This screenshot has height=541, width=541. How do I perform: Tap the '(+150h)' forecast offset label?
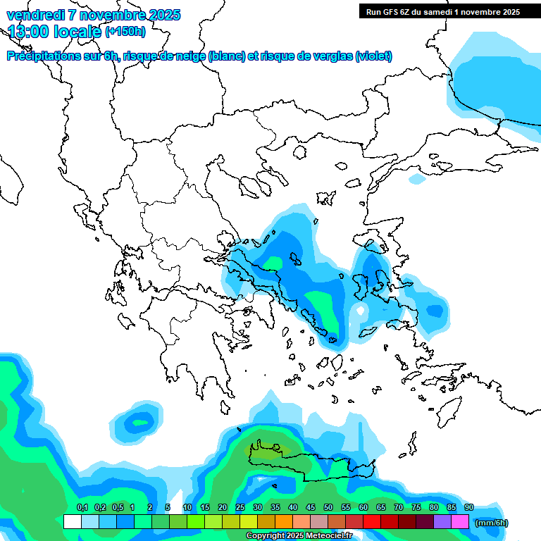(x=125, y=31)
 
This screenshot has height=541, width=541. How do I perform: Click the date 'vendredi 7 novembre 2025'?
(x=93, y=15)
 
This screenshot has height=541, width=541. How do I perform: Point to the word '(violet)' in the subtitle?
(x=373, y=56)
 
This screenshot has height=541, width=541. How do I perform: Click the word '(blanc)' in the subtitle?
(x=227, y=56)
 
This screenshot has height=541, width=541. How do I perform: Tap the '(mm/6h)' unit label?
(x=492, y=523)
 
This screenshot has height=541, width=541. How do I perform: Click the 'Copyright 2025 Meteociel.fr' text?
(x=299, y=536)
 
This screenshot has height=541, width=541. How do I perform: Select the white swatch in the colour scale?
(x=72, y=522)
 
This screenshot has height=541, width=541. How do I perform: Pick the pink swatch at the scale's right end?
(x=460, y=522)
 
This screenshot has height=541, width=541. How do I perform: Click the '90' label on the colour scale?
(x=469, y=508)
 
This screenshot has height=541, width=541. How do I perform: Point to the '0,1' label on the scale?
(x=82, y=508)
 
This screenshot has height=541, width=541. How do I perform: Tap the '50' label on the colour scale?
(x=328, y=508)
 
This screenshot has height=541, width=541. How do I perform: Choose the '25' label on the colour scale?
(x=240, y=508)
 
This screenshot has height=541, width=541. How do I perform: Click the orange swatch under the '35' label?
(x=284, y=522)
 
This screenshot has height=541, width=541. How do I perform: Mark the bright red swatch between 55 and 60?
(x=372, y=522)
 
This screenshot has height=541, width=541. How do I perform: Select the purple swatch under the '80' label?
(x=442, y=522)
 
